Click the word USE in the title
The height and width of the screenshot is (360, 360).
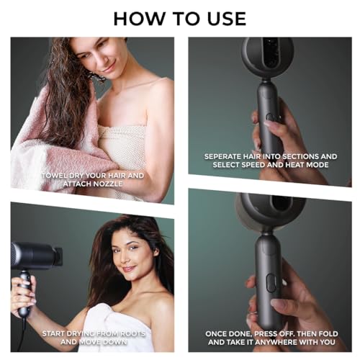223,17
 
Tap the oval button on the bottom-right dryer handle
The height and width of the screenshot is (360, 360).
271,282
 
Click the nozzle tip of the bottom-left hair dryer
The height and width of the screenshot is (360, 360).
58,255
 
